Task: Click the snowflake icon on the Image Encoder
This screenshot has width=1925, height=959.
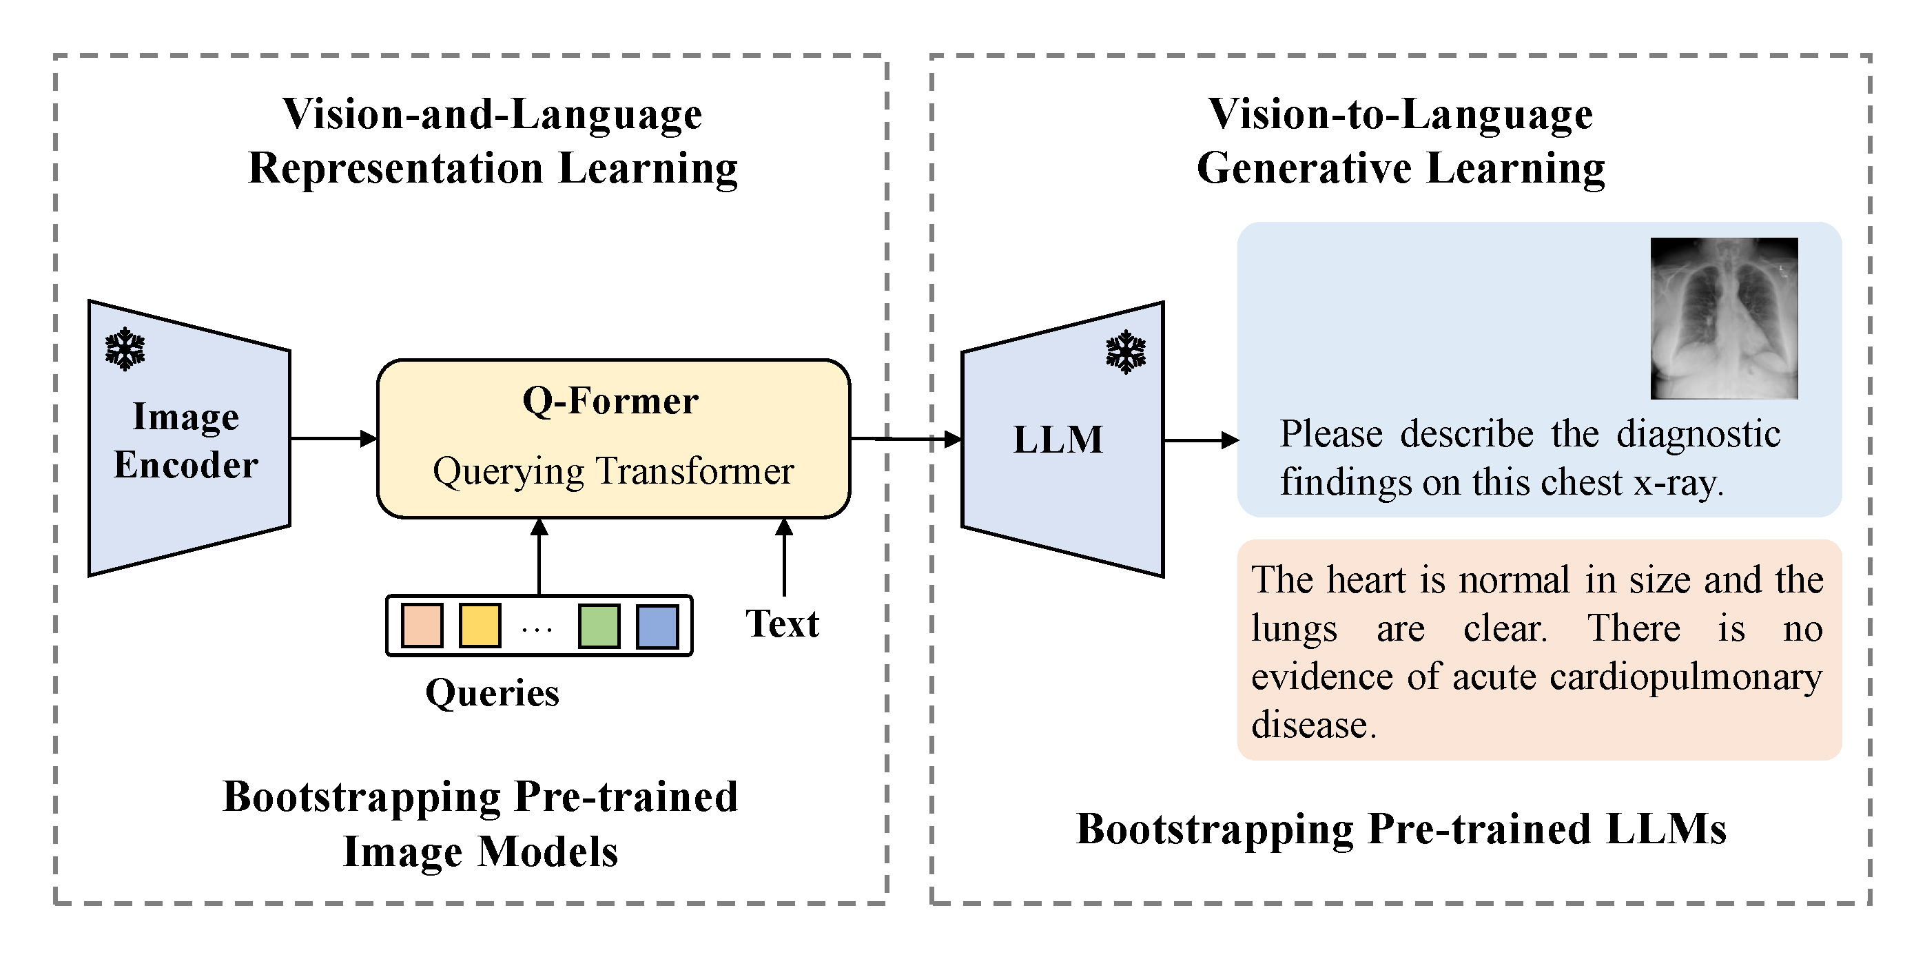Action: pos(125,349)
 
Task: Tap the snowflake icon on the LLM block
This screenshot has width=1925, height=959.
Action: pos(1125,351)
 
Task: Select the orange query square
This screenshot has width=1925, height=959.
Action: pos(422,626)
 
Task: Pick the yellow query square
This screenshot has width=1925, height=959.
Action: pos(479,626)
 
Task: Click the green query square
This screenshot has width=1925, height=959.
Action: pos(599,626)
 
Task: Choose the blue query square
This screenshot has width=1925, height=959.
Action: pos(657,626)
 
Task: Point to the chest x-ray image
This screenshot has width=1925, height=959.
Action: pos(1723,318)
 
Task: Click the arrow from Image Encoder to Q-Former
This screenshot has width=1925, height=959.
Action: pos(333,438)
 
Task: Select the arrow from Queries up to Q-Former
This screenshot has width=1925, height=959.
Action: pos(539,557)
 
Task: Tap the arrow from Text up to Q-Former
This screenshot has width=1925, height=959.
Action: pos(784,557)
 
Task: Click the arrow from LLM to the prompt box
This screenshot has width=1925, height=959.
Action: pos(1200,440)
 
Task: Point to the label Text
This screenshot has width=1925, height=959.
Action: pos(782,623)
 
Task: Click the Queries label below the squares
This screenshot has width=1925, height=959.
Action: pos(492,693)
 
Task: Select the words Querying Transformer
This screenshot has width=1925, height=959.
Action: pos(612,472)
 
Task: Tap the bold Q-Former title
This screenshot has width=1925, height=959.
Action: pos(610,401)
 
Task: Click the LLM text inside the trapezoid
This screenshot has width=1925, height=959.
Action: pos(1058,440)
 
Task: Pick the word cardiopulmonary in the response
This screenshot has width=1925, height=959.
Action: pos(1685,677)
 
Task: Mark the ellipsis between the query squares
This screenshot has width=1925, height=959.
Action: pos(537,630)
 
